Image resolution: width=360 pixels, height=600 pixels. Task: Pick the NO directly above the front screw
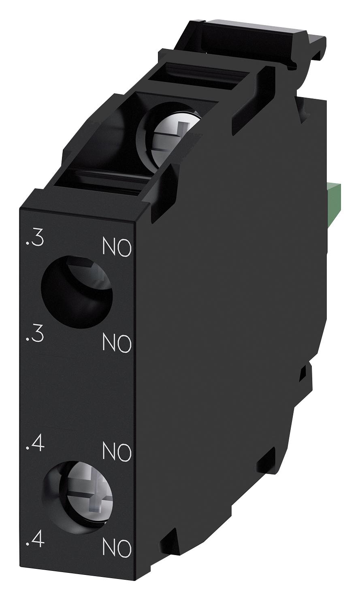click(x=117, y=451)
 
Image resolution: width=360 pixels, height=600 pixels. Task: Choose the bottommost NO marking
click(x=117, y=548)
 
